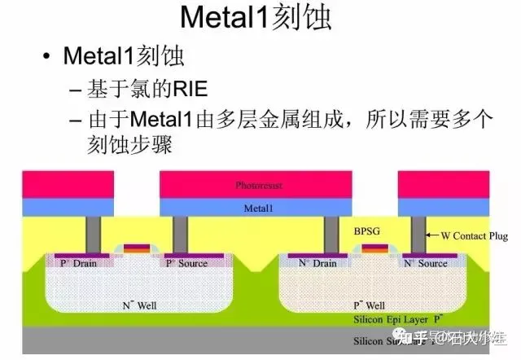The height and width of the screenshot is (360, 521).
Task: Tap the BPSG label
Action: [367, 231]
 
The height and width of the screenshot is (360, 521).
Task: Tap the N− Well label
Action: [139, 305]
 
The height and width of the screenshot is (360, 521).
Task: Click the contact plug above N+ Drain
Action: [331, 235]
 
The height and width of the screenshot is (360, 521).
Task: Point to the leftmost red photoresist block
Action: [46, 185]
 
